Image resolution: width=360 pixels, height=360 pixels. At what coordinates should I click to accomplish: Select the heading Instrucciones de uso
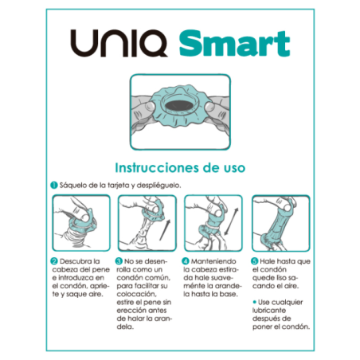coord(179,168)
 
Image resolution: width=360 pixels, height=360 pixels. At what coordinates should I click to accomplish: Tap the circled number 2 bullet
coord(54,260)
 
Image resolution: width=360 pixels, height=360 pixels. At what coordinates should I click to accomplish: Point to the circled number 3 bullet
coord(118,260)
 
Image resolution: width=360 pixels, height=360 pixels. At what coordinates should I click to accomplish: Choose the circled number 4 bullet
coord(184,260)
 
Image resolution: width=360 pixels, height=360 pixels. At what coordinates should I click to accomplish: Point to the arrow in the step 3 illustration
coord(164,225)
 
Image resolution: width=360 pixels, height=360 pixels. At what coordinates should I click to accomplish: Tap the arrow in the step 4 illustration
coord(230,225)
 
